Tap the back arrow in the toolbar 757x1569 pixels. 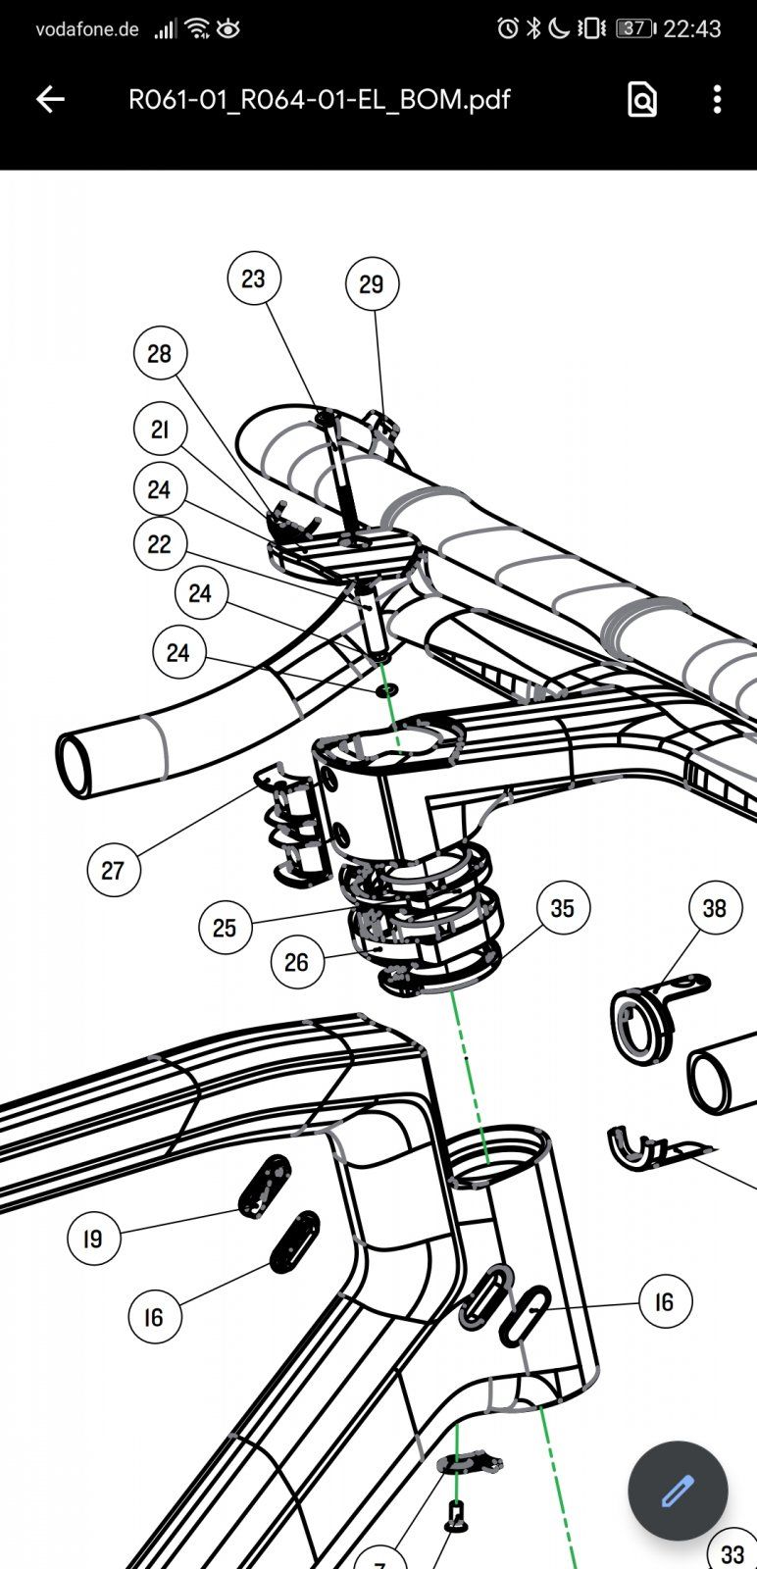pos(50,99)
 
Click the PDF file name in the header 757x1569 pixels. pos(319,99)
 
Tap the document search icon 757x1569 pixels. pos(641,99)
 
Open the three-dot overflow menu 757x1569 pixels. pos(718,99)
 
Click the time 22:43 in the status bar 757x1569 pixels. pos(692,29)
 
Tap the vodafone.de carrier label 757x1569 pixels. pos(87,29)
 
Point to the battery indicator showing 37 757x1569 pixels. pos(634,28)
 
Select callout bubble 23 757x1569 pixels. pos(254,279)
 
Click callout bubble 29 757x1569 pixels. pos(372,284)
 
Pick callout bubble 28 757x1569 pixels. pos(160,353)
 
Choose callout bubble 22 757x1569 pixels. pos(160,544)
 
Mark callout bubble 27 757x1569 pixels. pos(113,870)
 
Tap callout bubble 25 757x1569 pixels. pos(225,928)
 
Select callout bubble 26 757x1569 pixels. pos(296,963)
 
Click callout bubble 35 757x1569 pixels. pos(562,908)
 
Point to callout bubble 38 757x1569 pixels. pos(715,908)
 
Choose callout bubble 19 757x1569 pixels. pos(93,1240)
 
